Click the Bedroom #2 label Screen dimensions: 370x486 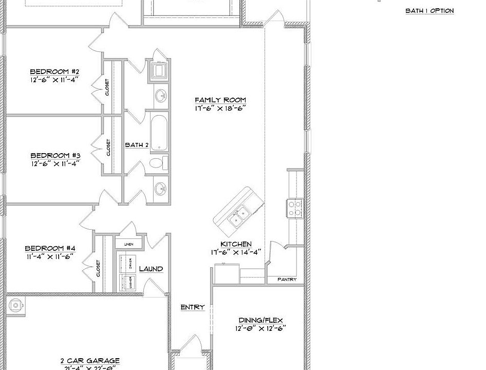(54, 71)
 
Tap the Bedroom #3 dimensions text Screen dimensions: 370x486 (54, 164)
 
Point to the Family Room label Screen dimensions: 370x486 (220, 100)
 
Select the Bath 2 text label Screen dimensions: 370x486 (137, 145)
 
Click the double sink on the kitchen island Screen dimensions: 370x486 (237, 216)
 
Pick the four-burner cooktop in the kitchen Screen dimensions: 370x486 (295, 209)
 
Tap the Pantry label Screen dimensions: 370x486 (287, 280)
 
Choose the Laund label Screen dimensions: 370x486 (151, 269)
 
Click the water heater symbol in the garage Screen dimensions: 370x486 (16, 305)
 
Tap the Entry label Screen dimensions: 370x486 (193, 307)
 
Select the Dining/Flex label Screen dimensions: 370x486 (260, 320)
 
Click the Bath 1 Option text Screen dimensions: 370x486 (429, 11)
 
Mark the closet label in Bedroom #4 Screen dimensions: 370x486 (98, 269)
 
